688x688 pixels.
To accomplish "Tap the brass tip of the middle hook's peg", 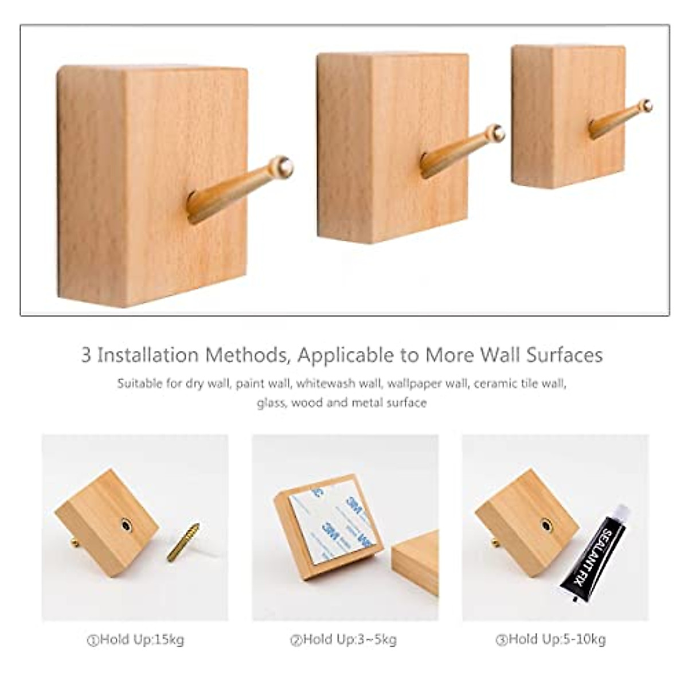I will (x=497, y=133).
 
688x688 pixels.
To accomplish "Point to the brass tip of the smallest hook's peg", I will (x=647, y=105).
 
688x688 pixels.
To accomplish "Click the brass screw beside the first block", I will (x=183, y=542).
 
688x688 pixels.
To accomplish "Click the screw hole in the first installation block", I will (x=126, y=525).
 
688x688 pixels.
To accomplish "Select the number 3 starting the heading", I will (x=86, y=355).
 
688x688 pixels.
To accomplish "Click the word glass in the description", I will (x=271, y=403).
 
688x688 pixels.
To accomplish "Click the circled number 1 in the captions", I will (x=93, y=640).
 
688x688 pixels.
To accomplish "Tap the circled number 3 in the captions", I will (x=502, y=640).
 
